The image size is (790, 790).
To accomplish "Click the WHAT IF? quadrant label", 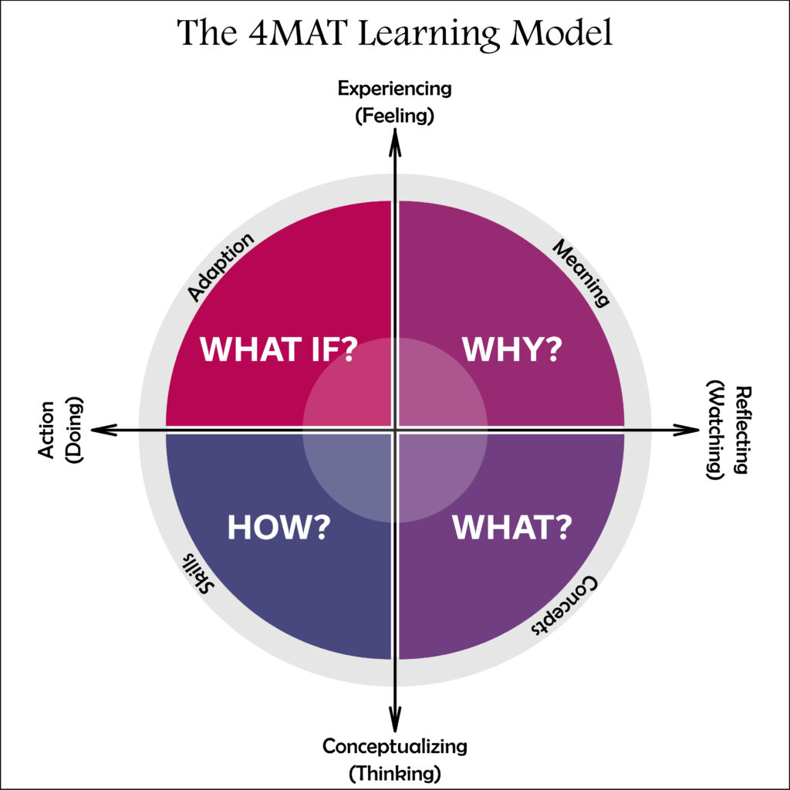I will click(x=279, y=348).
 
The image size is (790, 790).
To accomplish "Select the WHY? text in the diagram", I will click(x=511, y=349).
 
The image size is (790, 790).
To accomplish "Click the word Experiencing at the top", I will click(x=395, y=88).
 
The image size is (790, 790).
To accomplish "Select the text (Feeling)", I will click(x=395, y=116).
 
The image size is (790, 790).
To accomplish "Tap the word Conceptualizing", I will click(x=395, y=746).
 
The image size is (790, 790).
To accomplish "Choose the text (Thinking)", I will click(x=395, y=772).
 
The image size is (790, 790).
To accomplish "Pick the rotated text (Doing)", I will click(x=75, y=430).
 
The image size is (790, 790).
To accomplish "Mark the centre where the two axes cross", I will click(x=395, y=430).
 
